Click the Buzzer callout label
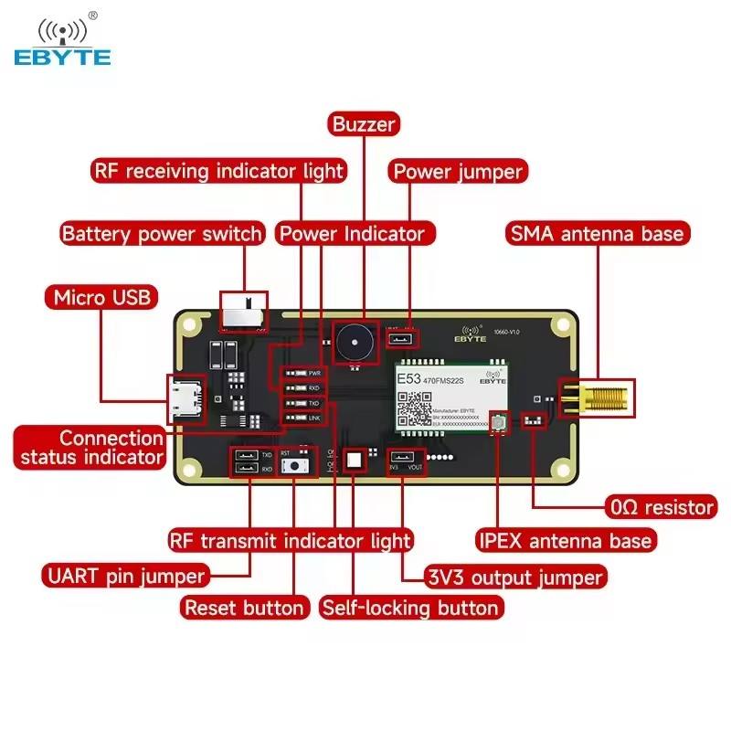click(x=364, y=124)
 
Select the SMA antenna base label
click(x=596, y=233)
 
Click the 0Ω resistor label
click(x=662, y=505)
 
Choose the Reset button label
click(x=244, y=608)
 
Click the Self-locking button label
click(x=410, y=608)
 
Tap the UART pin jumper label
click(x=124, y=576)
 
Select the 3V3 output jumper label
click(x=515, y=577)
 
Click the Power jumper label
click(x=458, y=171)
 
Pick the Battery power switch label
click(x=162, y=233)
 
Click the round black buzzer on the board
click(x=353, y=343)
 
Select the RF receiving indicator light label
click(x=218, y=171)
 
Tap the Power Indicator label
click(x=352, y=233)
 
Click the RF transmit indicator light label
click(x=291, y=540)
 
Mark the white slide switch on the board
click(x=243, y=312)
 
